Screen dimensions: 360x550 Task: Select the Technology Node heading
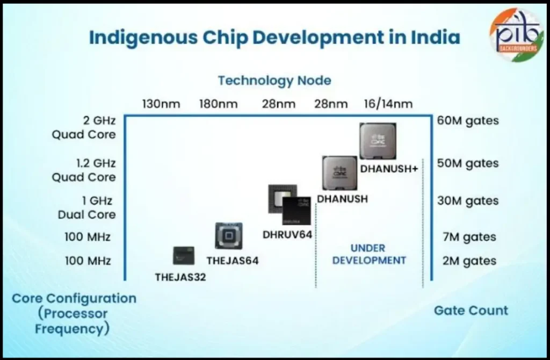(274, 81)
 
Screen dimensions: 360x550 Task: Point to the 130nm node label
(161, 104)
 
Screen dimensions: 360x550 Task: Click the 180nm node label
(218, 104)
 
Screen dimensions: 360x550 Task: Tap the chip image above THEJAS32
(183, 256)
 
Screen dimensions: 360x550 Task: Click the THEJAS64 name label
(233, 261)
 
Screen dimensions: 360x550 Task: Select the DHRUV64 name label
(287, 234)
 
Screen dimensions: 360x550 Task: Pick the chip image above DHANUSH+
(378, 141)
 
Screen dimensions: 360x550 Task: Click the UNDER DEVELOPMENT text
(368, 254)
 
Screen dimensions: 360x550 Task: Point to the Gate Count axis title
(471, 310)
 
